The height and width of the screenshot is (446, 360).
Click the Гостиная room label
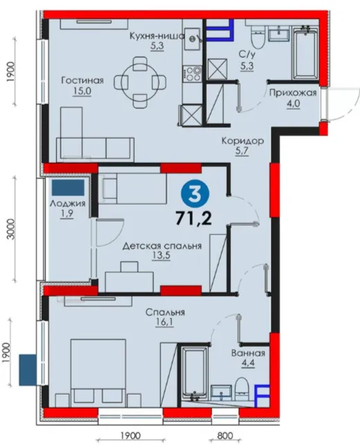coord(82,80)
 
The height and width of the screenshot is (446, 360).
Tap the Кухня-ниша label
coord(157,36)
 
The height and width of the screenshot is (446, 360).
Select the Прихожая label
coord(293,93)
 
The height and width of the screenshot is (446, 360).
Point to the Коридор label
coord(243,141)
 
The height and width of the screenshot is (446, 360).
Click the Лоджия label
coord(67,203)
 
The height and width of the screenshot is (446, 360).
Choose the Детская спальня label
coord(162,246)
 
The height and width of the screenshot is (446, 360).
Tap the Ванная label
coord(248,353)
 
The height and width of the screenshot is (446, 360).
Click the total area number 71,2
coord(194,218)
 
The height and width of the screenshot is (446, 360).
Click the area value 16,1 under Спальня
coord(164,323)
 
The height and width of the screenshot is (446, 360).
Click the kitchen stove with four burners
coord(192,74)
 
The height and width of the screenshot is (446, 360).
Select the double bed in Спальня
coord(98,373)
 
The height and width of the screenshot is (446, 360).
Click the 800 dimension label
coord(225,436)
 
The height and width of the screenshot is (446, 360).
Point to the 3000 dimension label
coord(11,230)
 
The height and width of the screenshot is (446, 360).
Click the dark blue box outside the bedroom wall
coord(28,370)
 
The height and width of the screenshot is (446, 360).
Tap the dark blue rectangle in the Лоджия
coord(68,187)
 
